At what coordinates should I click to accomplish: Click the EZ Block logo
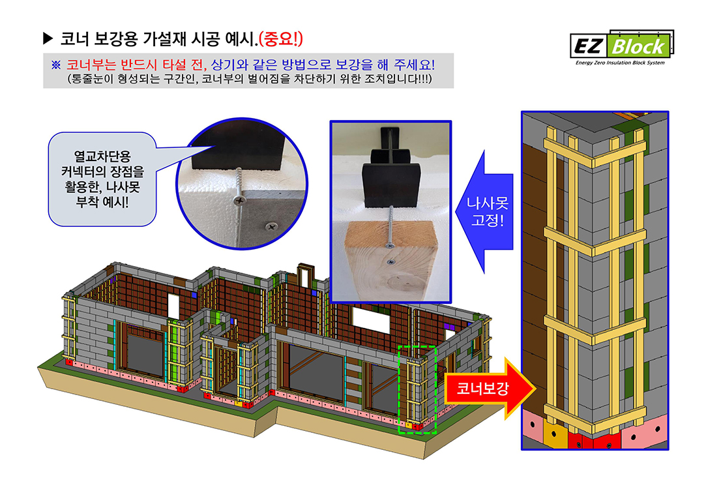coord(622,48)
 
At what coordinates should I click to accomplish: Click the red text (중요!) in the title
coord(280,38)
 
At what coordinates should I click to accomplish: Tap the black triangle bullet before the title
coord(48,38)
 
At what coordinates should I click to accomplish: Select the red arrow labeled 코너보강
coord(490,389)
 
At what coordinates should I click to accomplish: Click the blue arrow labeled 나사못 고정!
coord(485,212)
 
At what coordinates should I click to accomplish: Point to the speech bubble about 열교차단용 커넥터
coord(102,179)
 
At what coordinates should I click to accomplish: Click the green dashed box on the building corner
coord(417,389)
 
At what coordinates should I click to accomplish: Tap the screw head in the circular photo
coord(239,200)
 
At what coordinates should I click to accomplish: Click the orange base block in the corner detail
coord(554,434)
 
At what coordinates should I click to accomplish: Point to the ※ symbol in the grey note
coord(56,65)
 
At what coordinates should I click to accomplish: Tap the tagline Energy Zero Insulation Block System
coord(619,63)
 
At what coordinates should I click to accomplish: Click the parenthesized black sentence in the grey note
coord(250,79)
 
